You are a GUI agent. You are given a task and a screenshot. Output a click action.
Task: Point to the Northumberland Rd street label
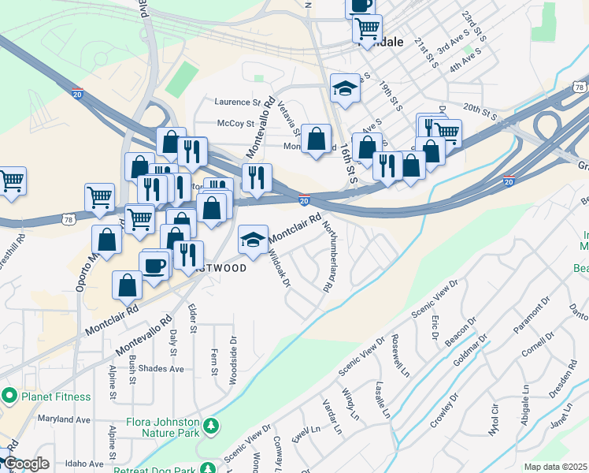[x=335, y=257]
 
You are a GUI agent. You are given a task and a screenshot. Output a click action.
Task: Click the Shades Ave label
[x=160, y=368]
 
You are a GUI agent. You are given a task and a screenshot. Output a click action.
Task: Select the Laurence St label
[x=237, y=102]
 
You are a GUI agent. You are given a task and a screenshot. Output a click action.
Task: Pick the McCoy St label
[x=235, y=124]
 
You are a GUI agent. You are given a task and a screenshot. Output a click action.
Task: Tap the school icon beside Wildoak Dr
[x=253, y=240]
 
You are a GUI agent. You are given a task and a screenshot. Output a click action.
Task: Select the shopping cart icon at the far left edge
[x=11, y=181]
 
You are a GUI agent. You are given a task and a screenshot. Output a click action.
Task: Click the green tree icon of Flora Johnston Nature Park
[x=210, y=426]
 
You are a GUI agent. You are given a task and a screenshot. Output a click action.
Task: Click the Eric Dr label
[x=435, y=328]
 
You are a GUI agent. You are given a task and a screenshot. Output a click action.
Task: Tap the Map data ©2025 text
[x=555, y=467]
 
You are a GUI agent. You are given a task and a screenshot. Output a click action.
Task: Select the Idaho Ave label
[x=84, y=464]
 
